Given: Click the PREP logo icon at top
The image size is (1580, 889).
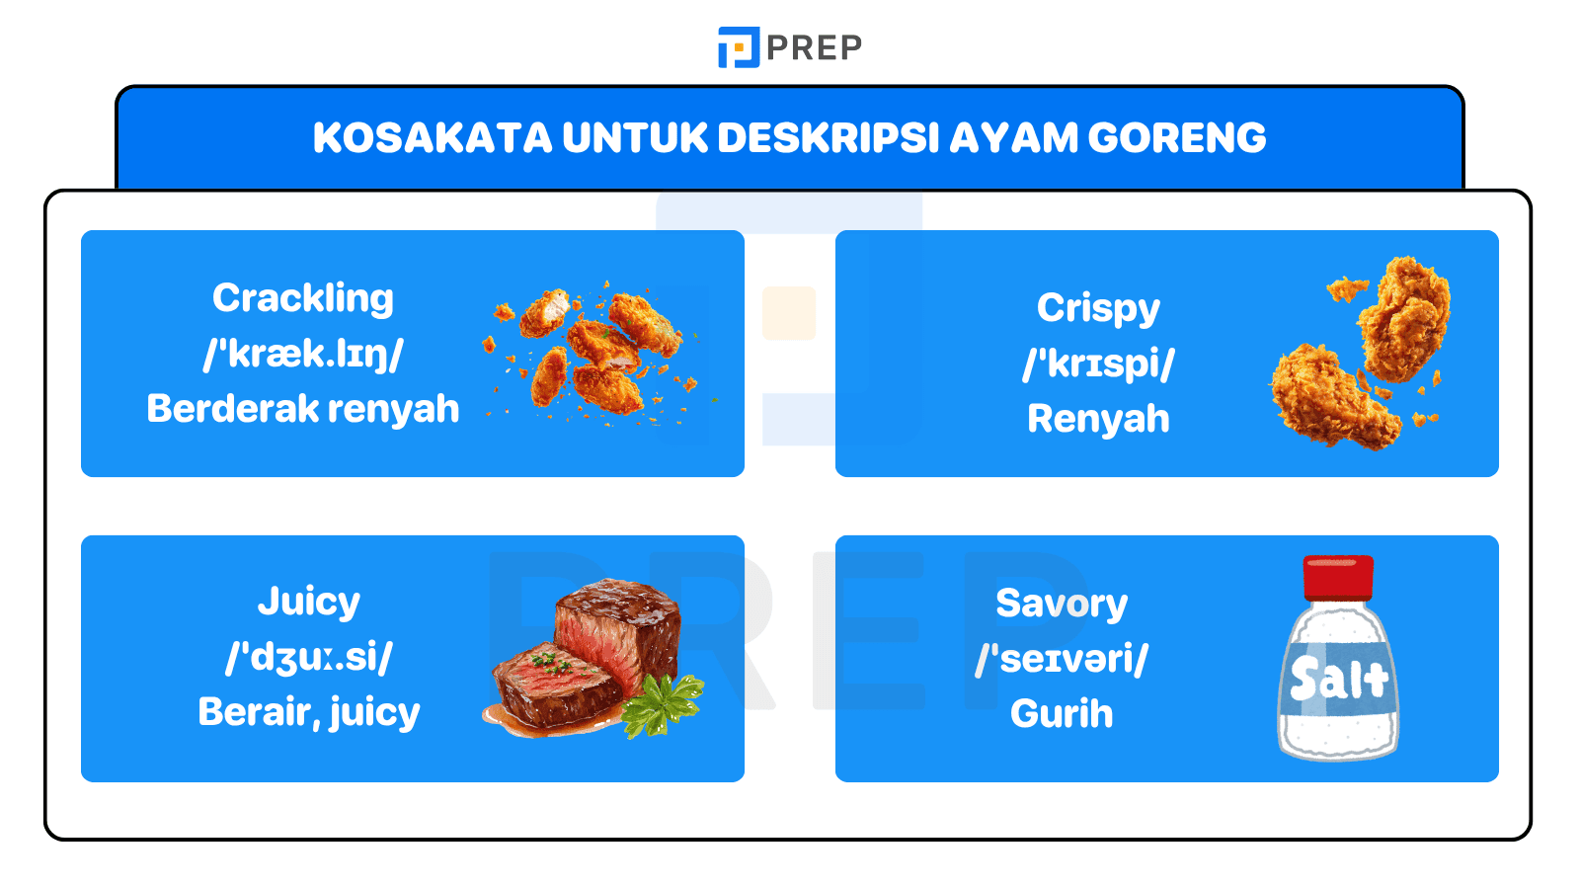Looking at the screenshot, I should [738, 47].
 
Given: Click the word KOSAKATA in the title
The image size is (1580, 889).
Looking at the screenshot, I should [433, 138].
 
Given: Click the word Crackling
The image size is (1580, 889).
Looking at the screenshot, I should [303, 298].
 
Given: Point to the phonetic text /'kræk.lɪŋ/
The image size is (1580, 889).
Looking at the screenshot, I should [303, 354].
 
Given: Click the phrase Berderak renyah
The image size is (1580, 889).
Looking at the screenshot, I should [303, 409].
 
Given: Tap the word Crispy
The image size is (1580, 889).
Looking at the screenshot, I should [1098, 308].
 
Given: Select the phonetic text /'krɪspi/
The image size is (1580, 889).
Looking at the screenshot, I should [1098, 364].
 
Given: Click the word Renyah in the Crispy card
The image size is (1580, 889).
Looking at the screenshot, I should [1098, 419].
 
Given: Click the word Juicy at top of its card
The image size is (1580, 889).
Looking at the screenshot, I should [308, 602].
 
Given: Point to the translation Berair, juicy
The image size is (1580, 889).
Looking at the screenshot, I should [308, 712].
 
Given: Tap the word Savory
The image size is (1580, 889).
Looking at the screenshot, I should [1062, 604].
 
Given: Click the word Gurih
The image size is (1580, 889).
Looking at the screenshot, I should [1062, 714].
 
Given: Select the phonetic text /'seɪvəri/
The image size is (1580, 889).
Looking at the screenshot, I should [1062, 659].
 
